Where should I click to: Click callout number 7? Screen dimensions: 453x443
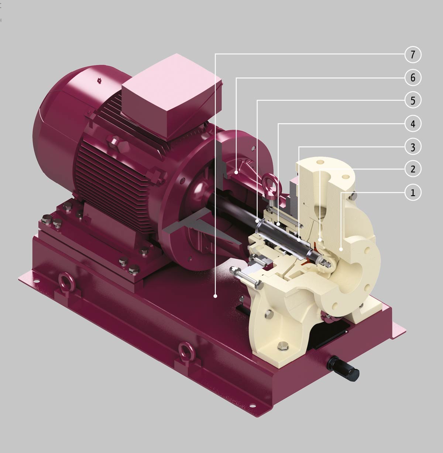pos(413,55)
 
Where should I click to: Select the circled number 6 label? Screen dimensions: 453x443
pos(413,78)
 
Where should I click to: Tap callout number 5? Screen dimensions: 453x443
pos(413,100)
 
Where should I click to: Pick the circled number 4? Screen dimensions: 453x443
pos(413,124)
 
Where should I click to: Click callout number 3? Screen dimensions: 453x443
pos(413,147)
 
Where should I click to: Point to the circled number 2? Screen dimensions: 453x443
pos(413,169)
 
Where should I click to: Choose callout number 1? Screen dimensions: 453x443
pos(413,192)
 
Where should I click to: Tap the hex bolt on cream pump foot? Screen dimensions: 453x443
pos(283,346)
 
